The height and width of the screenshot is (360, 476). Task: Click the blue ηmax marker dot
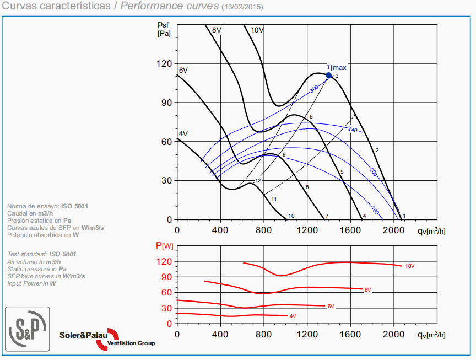[329, 75]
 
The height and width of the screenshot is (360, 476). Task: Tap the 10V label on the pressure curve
[257, 30]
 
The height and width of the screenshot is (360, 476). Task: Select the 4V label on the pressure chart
[183, 134]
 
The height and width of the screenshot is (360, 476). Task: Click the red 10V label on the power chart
[409, 266]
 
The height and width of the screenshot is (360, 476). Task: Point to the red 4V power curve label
[293, 316]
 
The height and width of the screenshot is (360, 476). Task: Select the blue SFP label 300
[313, 88]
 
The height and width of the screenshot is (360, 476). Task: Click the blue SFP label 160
[375, 210]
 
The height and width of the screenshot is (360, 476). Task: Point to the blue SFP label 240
[353, 129]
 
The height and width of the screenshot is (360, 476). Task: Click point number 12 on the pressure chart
[258, 180]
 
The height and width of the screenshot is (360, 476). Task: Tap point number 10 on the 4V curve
[291, 216]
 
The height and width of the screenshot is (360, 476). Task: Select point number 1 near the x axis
[404, 216]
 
